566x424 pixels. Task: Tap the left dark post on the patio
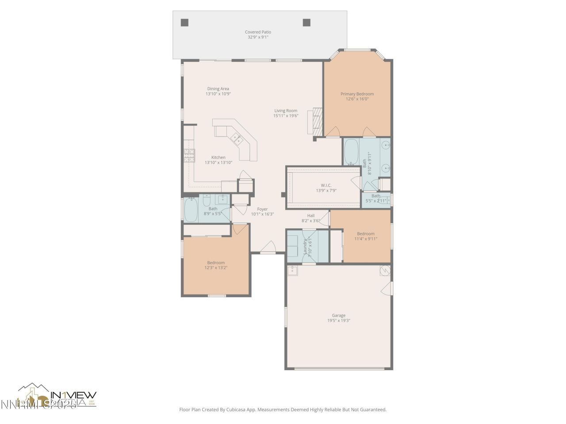(184, 23)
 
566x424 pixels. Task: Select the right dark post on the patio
(306, 23)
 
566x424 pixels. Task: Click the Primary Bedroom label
(357, 94)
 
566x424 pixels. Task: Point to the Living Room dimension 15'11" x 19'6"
(286, 116)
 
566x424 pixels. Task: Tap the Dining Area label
(218, 89)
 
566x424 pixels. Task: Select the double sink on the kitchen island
(236, 139)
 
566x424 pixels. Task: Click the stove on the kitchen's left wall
(189, 155)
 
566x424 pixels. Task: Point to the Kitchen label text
(218, 157)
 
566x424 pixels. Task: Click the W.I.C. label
(326, 185)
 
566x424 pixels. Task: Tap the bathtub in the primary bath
(352, 152)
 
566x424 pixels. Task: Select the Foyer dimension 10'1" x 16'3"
(262, 214)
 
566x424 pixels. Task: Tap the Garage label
(339, 315)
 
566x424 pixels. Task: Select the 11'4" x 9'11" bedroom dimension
(365, 239)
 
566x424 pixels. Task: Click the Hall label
(310, 216)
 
